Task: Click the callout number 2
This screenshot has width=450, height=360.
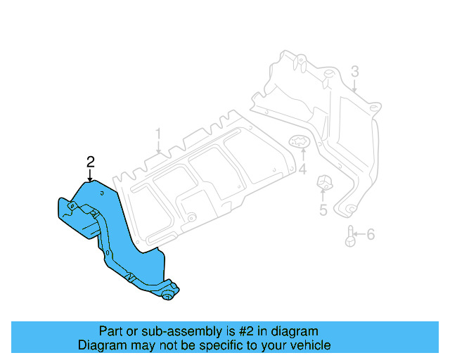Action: point(90,162)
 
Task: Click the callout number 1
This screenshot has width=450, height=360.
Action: point(159,133)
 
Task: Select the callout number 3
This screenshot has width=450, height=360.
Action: point(355,71)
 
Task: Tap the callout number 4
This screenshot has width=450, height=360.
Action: point(302,169)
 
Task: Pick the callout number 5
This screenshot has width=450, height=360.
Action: point(323,210)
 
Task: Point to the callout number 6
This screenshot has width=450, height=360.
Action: point(371,234)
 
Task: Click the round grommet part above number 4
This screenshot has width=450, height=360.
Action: point(300,143)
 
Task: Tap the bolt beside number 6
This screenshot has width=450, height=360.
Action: point(349,236)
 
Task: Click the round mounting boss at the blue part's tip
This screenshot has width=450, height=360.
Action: point(169,297)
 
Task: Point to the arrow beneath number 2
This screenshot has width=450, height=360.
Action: point(90,176)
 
